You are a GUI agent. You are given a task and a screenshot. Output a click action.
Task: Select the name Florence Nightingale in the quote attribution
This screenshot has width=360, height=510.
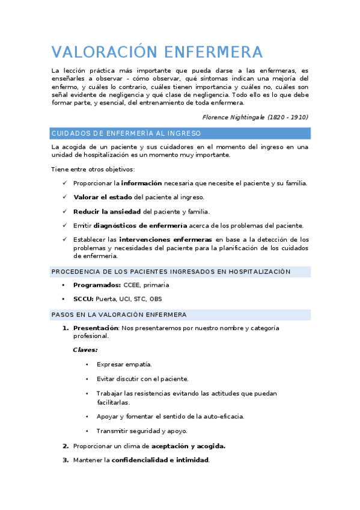[233, 117]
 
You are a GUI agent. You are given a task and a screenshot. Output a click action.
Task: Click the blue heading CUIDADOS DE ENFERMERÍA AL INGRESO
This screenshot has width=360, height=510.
[126, 134]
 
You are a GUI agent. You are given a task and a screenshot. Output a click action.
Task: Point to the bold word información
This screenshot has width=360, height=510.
[142, 183]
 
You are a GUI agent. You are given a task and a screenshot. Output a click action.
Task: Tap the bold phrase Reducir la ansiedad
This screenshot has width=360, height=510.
[106, 212]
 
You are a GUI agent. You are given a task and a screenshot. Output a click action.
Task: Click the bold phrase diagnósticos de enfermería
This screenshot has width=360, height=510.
[136, 226]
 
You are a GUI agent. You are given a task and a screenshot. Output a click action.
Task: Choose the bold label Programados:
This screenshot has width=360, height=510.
[97, 285]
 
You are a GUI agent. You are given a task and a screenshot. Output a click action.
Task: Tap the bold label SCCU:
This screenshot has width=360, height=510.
[83, 299]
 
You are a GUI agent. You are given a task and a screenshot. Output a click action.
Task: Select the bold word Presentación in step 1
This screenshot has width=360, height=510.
[96, 328]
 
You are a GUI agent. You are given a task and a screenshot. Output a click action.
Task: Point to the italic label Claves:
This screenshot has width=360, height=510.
[85, 350]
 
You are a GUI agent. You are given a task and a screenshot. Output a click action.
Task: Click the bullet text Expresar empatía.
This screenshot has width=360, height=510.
[124, 364]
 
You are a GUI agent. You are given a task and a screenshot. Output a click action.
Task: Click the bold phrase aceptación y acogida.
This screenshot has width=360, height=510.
[188, 446]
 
